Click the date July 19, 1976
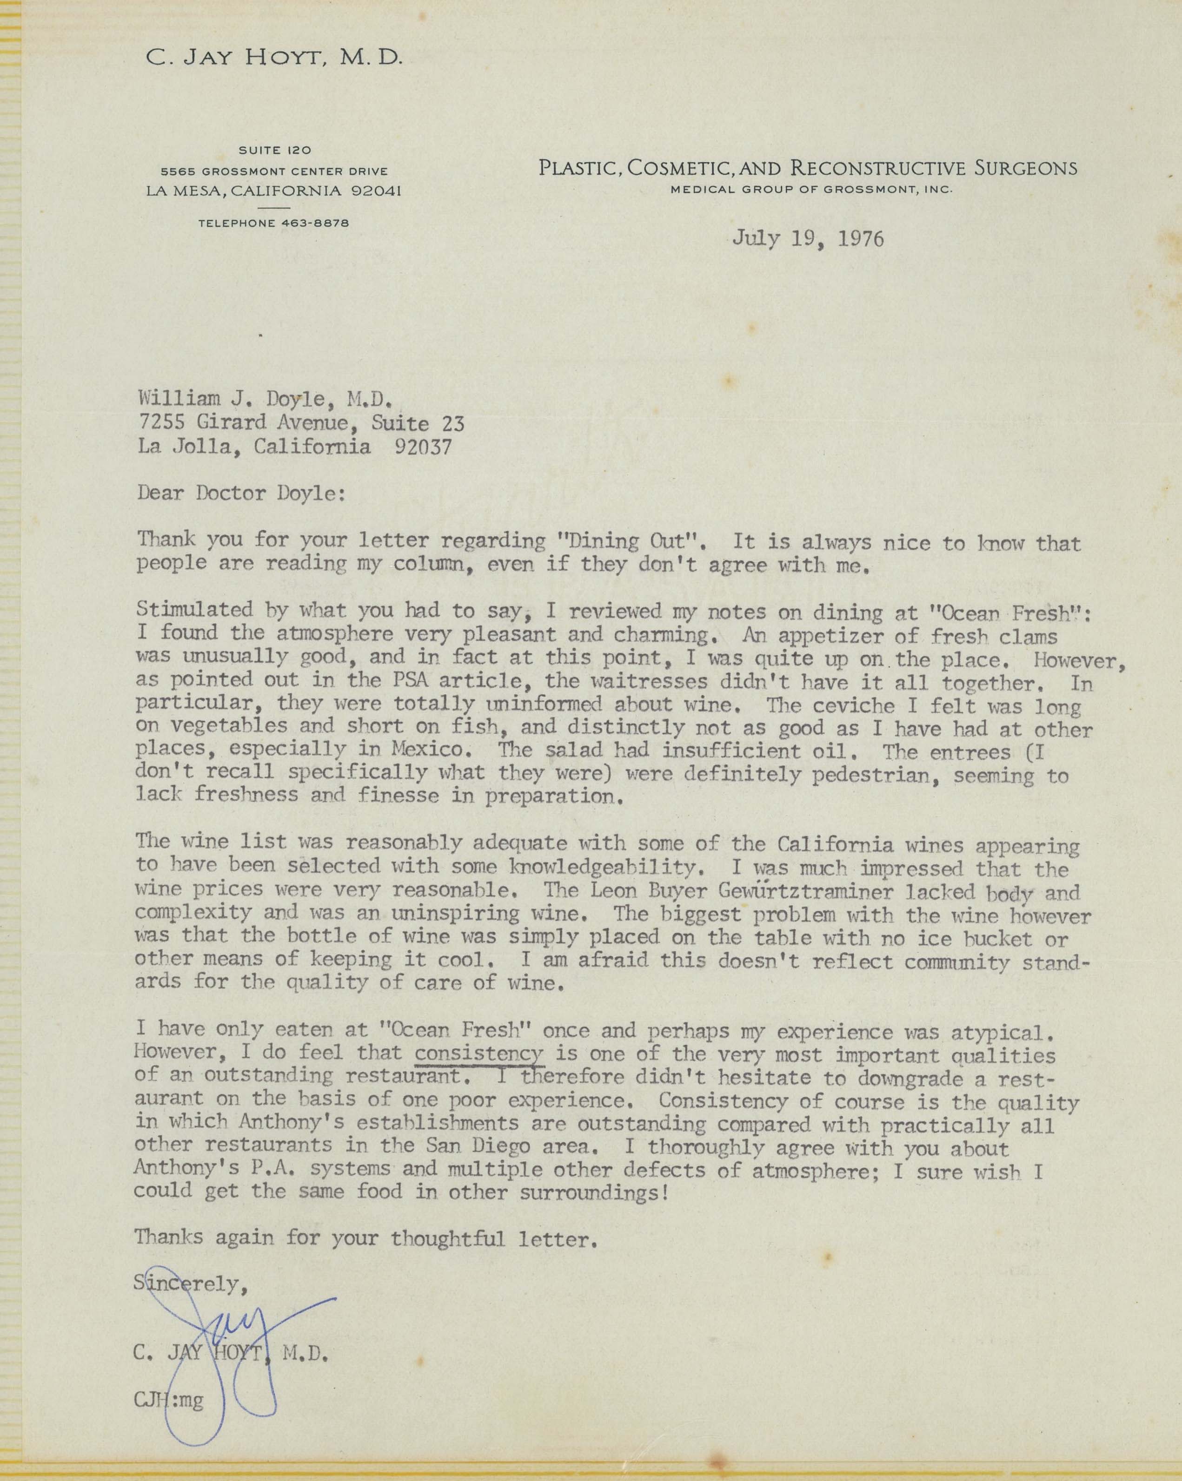[x=808, y=238]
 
